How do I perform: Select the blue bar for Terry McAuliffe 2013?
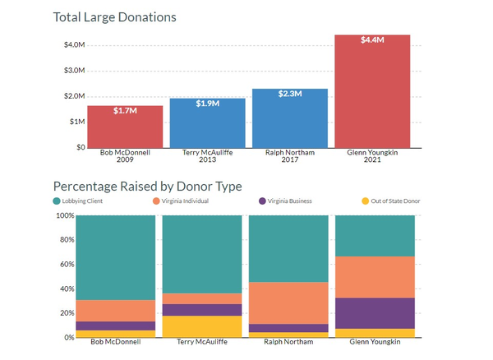pos(207,125)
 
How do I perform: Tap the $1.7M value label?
pos(125,111)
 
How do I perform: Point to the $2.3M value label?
pos(289,94)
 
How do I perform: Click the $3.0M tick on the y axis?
pos(74,71)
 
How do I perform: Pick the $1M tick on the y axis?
pos(75,122)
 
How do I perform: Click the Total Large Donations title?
pos(114,16)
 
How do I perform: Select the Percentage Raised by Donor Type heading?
pos(147,187)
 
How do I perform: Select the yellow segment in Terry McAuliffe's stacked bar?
pos(202,326)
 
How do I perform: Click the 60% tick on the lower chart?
pos(65,264)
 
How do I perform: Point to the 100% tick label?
pos(63,215)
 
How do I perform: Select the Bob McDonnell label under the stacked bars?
pos(116,342)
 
